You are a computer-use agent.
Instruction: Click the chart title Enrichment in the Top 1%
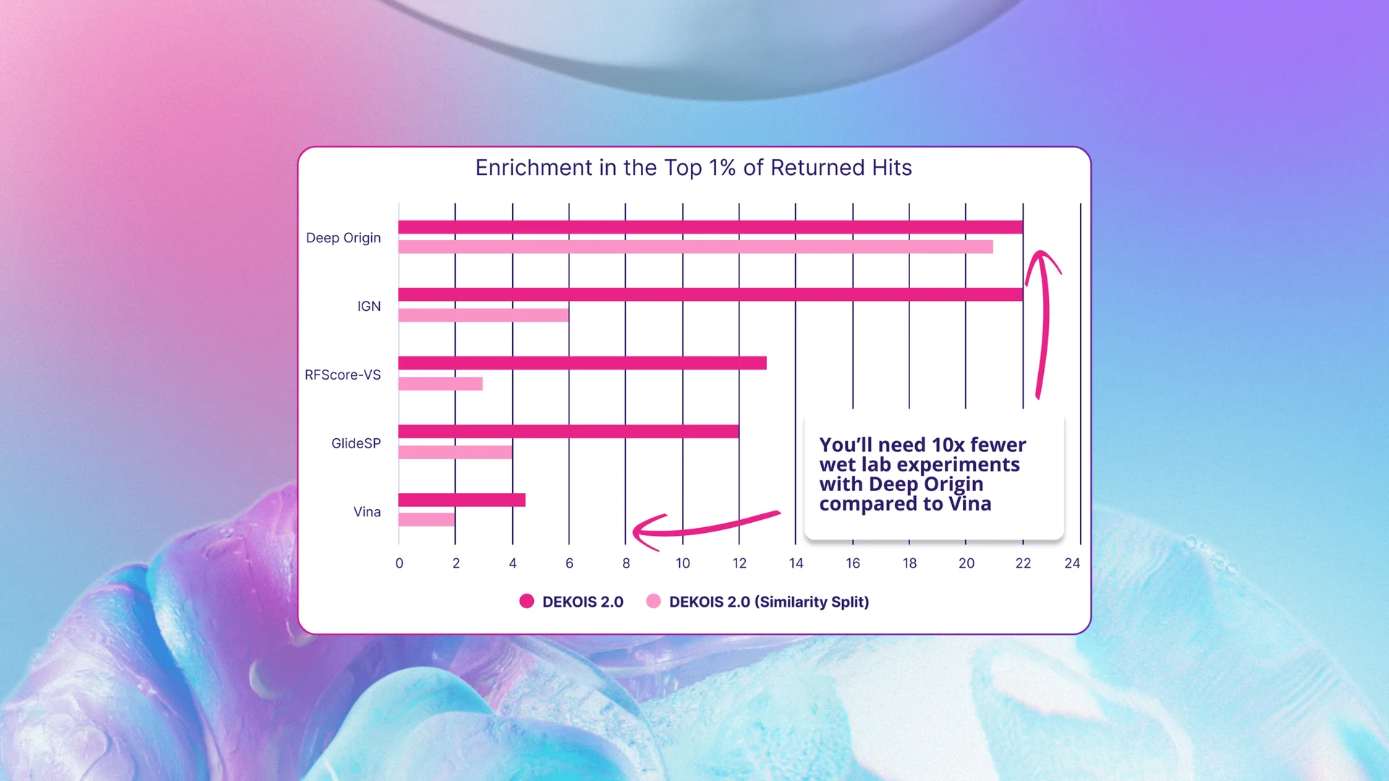tap(693, 168)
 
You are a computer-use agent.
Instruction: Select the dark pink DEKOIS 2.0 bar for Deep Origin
tap(710, 227)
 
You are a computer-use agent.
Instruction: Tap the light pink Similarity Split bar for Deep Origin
tap(695, 247)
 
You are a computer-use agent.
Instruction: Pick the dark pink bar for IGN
tap(710, 294)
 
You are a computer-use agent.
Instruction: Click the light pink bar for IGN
tap(483, 315)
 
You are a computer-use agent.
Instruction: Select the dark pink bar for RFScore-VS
tap(582, 363)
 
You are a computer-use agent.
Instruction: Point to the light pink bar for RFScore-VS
tap(440, 384)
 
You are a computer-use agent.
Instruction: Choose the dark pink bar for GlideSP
tap(568, 432)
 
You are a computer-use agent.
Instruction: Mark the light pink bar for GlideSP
tap(455, 453)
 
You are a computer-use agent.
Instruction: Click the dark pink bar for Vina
tap(462, 500)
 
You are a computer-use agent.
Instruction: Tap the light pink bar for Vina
tap(426, 519)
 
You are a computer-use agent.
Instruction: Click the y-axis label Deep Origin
tap(343, 238)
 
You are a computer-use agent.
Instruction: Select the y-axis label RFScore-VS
tap(342, 375)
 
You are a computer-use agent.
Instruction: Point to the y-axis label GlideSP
tap(355, 443)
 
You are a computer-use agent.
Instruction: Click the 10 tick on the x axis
tap(682, 563)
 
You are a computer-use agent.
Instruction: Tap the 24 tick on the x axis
tap(1071, 563)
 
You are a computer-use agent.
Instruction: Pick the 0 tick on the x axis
tap(399, 563)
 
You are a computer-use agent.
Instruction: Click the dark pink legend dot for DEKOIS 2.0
tap(527, 601)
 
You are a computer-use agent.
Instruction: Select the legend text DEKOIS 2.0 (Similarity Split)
tap(768, 602)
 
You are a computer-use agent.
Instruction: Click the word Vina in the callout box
tap(969, 504)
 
